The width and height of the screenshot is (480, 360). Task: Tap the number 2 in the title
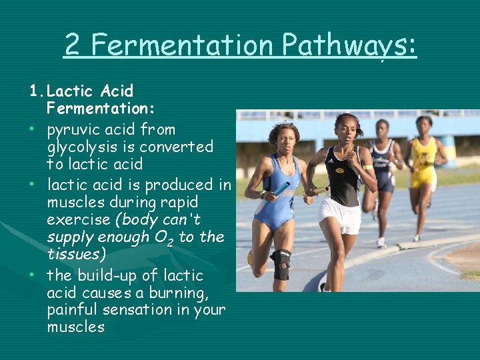72,45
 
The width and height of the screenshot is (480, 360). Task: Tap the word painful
73,309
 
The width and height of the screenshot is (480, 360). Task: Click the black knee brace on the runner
281,264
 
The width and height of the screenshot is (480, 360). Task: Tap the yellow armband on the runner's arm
369,166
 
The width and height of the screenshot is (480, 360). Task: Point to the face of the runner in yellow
424,125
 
